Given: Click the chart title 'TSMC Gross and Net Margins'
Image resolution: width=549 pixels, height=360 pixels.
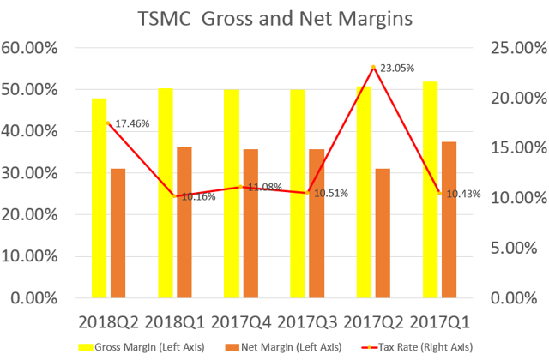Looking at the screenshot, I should pos(274,18).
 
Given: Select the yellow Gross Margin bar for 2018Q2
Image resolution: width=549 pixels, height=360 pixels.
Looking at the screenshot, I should pos(100,197).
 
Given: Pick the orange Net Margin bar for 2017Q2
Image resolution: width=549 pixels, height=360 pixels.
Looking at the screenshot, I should pos(383,232).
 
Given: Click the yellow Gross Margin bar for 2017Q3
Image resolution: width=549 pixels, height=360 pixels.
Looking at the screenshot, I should pos(298,193).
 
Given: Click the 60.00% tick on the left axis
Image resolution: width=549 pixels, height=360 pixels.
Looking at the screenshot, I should pos(29,48).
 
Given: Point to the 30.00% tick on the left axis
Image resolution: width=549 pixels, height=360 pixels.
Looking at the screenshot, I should pos(29,173).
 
